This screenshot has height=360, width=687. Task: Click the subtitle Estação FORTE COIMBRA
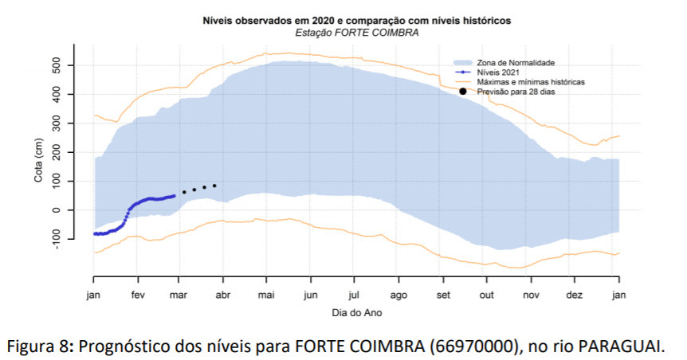pos(357,33)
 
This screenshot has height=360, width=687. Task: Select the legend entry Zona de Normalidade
pos(516,62)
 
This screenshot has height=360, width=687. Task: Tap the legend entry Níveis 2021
pos(498,72)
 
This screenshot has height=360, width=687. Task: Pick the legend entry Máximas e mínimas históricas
pos(531,82)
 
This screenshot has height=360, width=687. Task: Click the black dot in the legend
pos(463,92)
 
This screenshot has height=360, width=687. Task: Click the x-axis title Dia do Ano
pos(357,313)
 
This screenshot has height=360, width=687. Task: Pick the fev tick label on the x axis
pos(139,294)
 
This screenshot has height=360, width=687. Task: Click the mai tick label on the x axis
pos(268,294)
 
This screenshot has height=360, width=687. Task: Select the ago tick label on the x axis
pos(399,294)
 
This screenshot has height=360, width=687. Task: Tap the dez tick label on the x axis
pos(574,294)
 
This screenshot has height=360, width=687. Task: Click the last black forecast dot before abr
pos(214,186)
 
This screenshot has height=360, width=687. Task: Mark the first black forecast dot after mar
pos(184,192)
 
